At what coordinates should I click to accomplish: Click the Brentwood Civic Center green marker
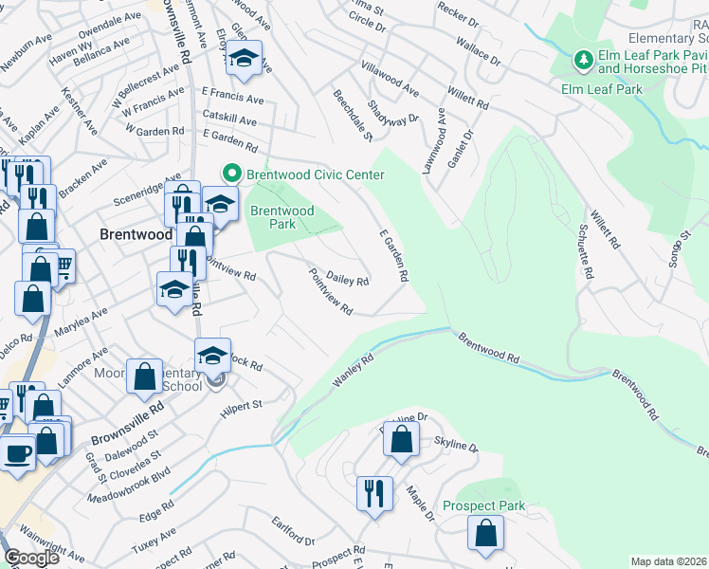pos(230,174)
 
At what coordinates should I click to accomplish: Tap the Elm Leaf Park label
pos(602,89)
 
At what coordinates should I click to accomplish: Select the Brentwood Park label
pos(282,217)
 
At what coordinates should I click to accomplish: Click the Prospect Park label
pos(483,506)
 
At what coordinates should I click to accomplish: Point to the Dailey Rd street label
pos(347,279)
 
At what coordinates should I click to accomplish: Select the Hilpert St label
pos(241,405)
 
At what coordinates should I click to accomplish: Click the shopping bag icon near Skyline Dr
pos(402,439)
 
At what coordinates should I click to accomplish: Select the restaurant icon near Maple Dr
pos(373,493)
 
